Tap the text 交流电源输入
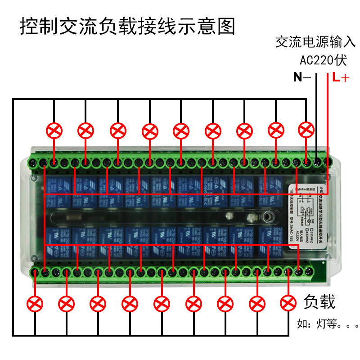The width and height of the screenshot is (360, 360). coord(315,43)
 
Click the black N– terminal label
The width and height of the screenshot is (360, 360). coord(301,77)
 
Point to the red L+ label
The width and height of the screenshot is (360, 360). coord(341,77)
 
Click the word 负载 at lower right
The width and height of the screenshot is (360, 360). coord(319,302)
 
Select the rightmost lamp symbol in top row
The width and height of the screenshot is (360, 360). coord(306,130)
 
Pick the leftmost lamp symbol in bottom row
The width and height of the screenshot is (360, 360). coord(35,304)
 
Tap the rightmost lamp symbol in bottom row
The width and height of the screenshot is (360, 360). coord(288,304)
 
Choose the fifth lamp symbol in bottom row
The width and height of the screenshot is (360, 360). coord(162,304)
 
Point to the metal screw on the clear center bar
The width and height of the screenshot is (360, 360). coord(270,217)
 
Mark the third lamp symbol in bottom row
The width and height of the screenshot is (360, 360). coord(98,304)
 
